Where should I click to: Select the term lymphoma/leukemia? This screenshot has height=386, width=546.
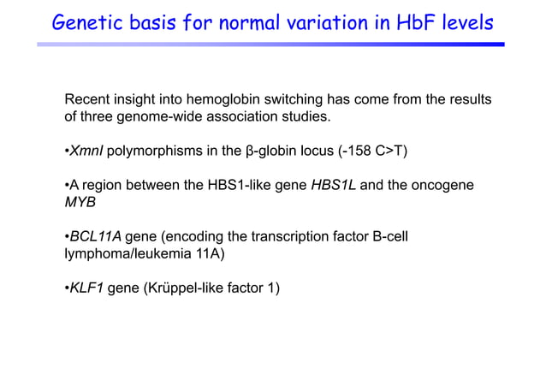(x=122, y=253)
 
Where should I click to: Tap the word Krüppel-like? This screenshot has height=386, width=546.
(x=187, y=287)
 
